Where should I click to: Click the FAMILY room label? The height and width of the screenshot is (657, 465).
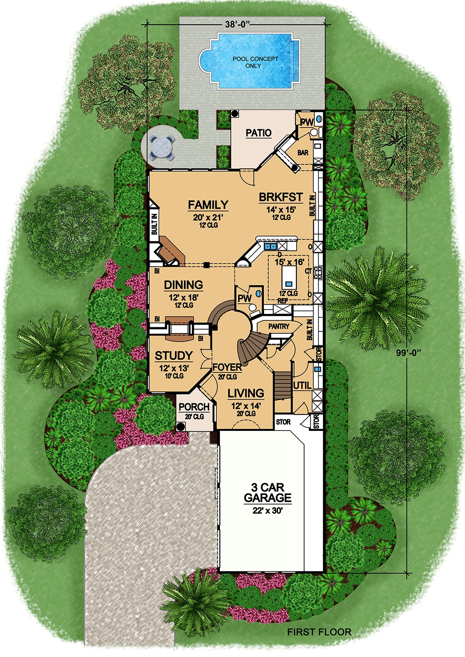(208, 205)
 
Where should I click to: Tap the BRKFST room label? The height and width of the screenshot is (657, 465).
(281, 197)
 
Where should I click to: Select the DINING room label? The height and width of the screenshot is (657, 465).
(183, 285)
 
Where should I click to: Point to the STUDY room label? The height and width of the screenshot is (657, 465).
(173, 356)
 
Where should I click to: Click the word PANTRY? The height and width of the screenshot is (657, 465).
(279, 327)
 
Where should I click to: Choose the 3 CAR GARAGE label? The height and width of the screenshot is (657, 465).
(267, 493)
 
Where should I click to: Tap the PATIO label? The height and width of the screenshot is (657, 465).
(259, 133)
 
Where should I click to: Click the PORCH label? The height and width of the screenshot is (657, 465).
(194, 407)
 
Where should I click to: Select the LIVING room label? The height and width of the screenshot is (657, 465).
(246, 393)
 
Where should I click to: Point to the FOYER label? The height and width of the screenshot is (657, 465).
(227, 368)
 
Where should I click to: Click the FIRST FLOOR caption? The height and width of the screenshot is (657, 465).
(319, 631)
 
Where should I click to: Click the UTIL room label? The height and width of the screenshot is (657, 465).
(302, 385)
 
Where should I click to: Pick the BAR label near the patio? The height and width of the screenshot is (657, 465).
(303, 152)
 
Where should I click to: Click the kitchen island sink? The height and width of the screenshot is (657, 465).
(288, 283)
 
